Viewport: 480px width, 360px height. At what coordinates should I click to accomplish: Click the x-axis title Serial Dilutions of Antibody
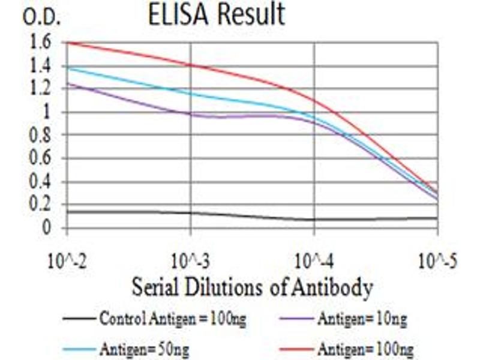tap(252, 289)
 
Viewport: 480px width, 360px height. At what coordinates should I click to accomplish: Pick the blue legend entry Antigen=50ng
tap(142, 347)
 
